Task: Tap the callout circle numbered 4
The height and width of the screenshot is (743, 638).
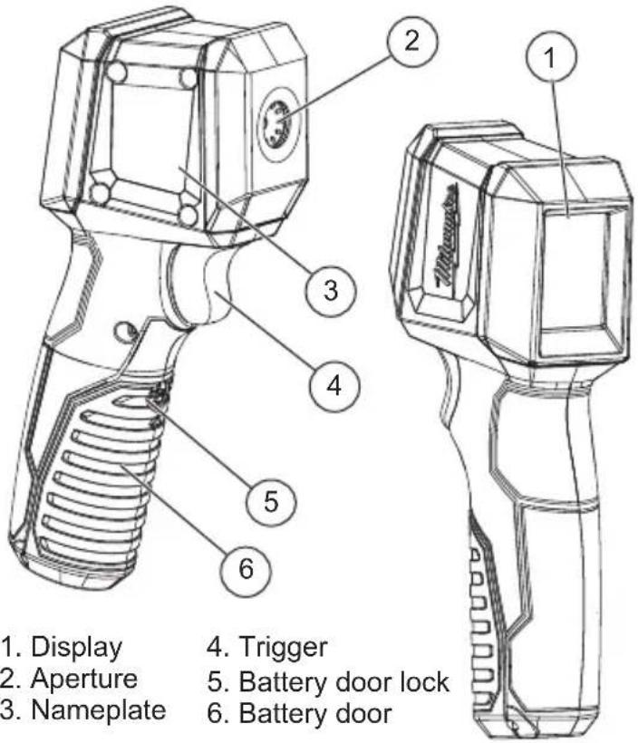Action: pyautogui.click(x=333, y=385)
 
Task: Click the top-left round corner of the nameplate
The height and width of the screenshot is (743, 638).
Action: pyautogui.click(x=115, y=72)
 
